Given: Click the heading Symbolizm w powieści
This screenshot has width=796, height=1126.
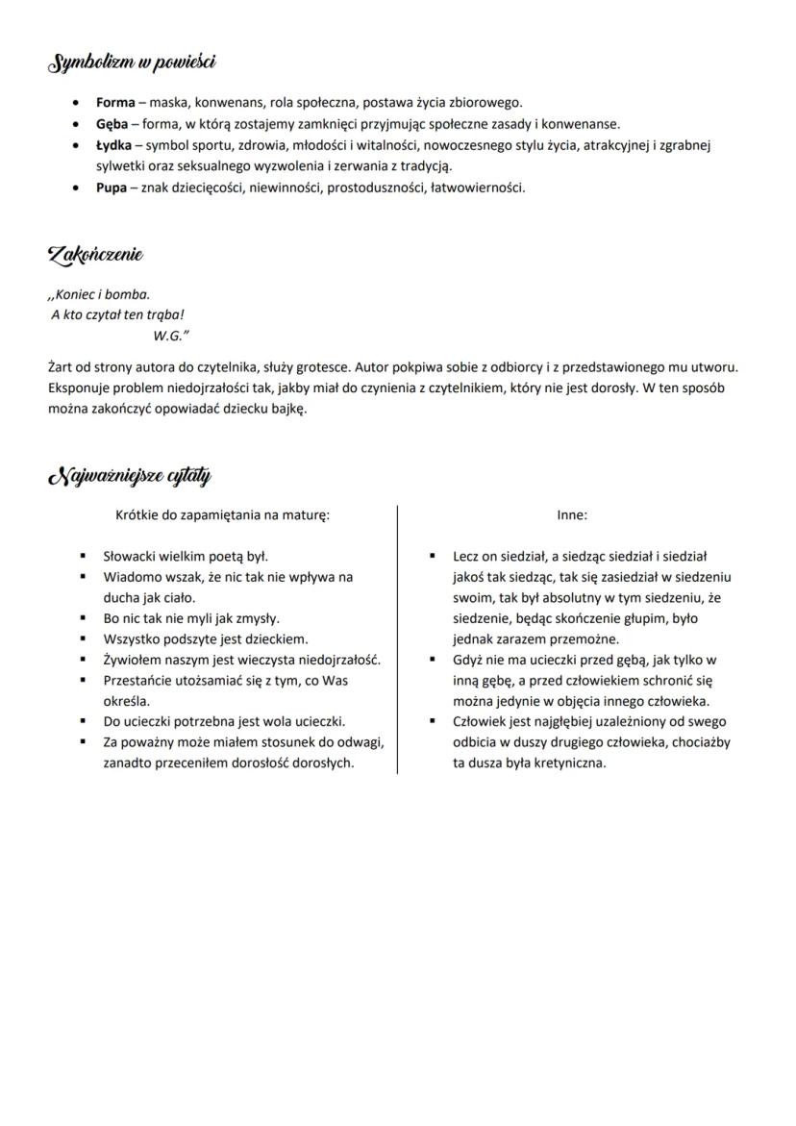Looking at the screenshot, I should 131,63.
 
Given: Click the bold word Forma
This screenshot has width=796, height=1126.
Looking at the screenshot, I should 115,102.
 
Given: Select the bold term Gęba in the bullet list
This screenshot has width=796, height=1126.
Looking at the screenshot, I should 112,123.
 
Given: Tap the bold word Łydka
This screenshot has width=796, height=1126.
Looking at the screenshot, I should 113,145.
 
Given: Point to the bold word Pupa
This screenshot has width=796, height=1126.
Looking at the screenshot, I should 111,188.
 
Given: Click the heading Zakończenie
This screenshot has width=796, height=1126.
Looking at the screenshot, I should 95,255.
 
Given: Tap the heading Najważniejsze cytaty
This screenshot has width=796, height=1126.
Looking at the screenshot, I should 129,476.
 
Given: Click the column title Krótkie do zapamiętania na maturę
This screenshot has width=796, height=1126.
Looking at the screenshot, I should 222,514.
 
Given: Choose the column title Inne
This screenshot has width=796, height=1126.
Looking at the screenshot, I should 572,514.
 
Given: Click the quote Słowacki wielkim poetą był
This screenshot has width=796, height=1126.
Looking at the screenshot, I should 186,556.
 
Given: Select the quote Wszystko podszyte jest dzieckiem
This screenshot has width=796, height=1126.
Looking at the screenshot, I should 205,638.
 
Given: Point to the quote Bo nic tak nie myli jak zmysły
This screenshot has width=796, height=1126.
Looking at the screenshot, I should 191,618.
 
